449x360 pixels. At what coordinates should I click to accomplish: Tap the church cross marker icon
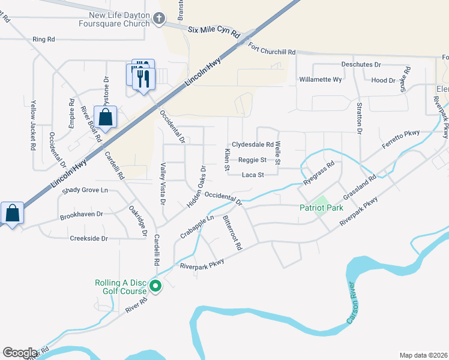(159, 18)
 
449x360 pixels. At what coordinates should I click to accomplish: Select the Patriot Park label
(321, 208)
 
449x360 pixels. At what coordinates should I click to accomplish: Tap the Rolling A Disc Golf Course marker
(155, 287)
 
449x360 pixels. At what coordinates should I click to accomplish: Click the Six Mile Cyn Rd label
(214, 28)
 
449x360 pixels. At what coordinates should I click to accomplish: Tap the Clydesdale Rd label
(253, 145)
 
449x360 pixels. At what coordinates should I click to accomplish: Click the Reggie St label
(252, 160)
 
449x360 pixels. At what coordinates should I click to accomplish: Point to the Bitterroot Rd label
(232, 233)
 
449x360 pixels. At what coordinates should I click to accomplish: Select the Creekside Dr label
(88, 238)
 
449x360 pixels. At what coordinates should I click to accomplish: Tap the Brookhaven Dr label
(82, 214)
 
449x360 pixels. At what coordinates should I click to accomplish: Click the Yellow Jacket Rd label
(34, 126)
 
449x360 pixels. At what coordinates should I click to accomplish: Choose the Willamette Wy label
(321, 79)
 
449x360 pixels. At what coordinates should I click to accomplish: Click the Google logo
(20, 353)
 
